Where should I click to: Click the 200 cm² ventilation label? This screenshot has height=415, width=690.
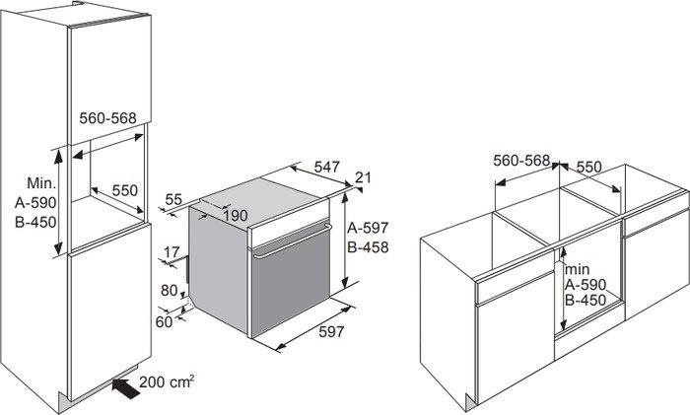(167, 381)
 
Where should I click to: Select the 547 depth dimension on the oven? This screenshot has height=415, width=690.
(327, 167)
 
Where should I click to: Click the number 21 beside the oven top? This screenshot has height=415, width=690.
(363, 177)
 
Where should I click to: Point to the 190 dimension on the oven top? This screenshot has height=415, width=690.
(235, 216)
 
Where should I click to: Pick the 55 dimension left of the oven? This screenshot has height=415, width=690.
(173, 199)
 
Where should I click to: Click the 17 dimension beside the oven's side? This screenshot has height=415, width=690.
(172, 252)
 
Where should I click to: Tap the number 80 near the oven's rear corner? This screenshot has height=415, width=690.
(169, 291)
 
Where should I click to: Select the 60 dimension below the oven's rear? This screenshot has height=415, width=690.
(165, 321)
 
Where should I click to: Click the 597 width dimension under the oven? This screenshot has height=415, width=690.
(331, 331)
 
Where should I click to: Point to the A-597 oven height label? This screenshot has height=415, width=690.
(368, 228)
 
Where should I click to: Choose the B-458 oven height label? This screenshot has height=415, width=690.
(368, 246)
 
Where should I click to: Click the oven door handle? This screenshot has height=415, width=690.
(291, 242)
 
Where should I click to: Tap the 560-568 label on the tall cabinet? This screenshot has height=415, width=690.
(107, 118)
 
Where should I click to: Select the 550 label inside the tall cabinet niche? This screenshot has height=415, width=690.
(125, 190)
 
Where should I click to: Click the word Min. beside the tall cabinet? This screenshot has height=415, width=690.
(41, 182)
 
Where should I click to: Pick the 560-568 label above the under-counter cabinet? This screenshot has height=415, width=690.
(521, 161)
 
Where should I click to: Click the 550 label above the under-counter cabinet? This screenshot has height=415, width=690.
(588, 167)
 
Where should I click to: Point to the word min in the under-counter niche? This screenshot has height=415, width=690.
(578, 269)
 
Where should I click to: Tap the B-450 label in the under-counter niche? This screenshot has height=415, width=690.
(586, 300)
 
